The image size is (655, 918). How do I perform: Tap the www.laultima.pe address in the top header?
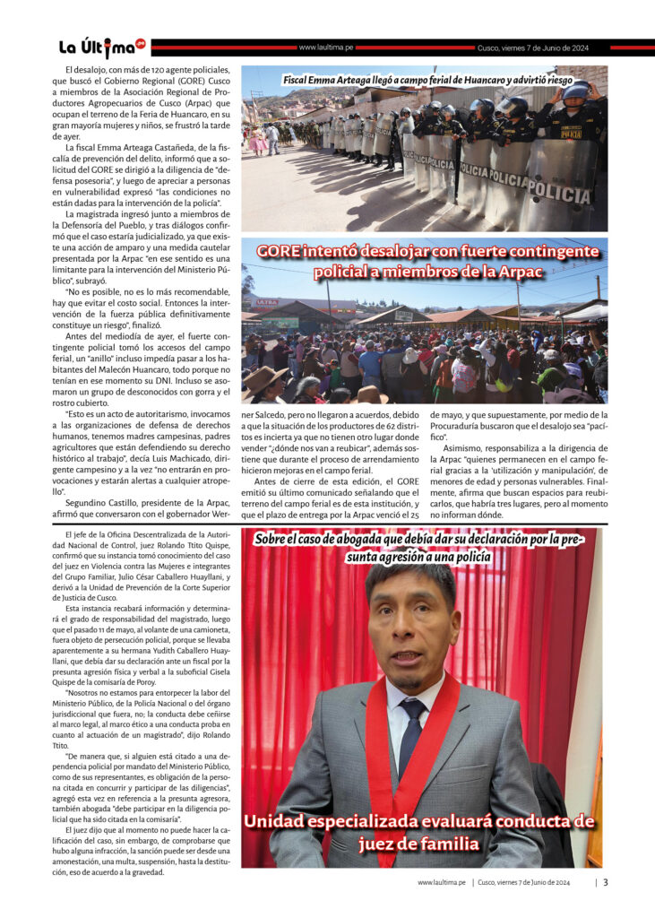[327, 48]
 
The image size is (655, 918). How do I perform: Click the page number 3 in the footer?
[606, 882]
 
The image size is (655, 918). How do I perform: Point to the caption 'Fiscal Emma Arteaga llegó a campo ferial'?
[427, 80]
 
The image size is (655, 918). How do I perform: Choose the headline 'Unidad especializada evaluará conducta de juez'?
[419, 832]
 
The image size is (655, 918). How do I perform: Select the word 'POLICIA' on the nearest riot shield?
[557, 191]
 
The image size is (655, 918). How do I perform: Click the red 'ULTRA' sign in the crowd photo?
[267, 302]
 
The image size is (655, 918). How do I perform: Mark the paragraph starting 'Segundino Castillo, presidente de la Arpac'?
[146, 513]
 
